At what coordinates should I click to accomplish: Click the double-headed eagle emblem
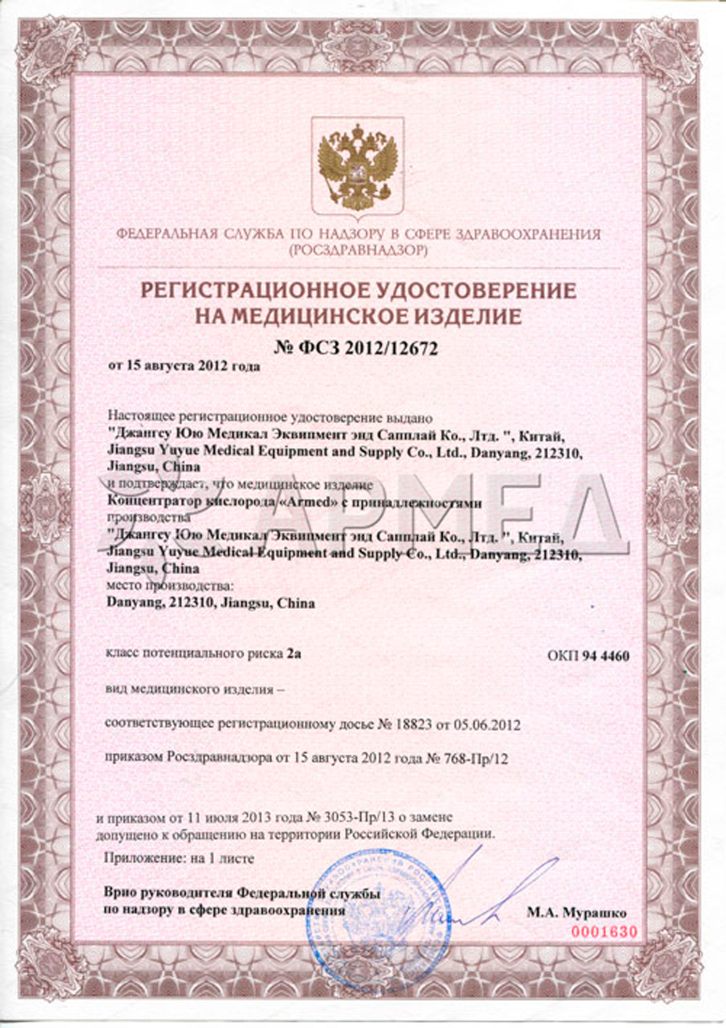(x=361, y=166)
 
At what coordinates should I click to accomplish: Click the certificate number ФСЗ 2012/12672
(x=356, y=348)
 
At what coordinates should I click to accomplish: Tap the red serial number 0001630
(x=604, y=931)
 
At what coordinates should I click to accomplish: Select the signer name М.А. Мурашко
(x=576, y=913)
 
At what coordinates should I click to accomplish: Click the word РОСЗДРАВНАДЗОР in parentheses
(x=357, y=250)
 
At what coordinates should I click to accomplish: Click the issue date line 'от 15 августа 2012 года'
(x=184, y=367)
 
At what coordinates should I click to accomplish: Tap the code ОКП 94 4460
(x=588, y=656)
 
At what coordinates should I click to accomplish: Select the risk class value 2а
(x=293, y=653)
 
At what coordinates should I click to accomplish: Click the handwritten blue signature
(x=472, y=900)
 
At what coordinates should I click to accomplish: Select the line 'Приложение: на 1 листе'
(x=179, y=858)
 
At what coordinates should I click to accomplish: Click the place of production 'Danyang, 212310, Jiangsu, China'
(x=211, y=603)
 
